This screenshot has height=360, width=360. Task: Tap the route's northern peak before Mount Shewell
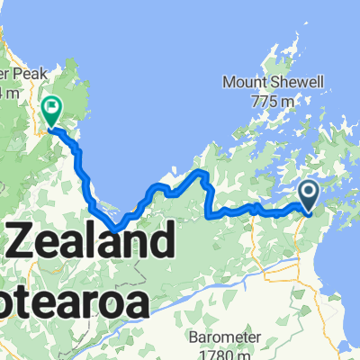pos(202,172)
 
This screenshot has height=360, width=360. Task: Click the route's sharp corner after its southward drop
pos(210,215)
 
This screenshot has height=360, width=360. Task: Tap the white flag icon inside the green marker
pos(51,109)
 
